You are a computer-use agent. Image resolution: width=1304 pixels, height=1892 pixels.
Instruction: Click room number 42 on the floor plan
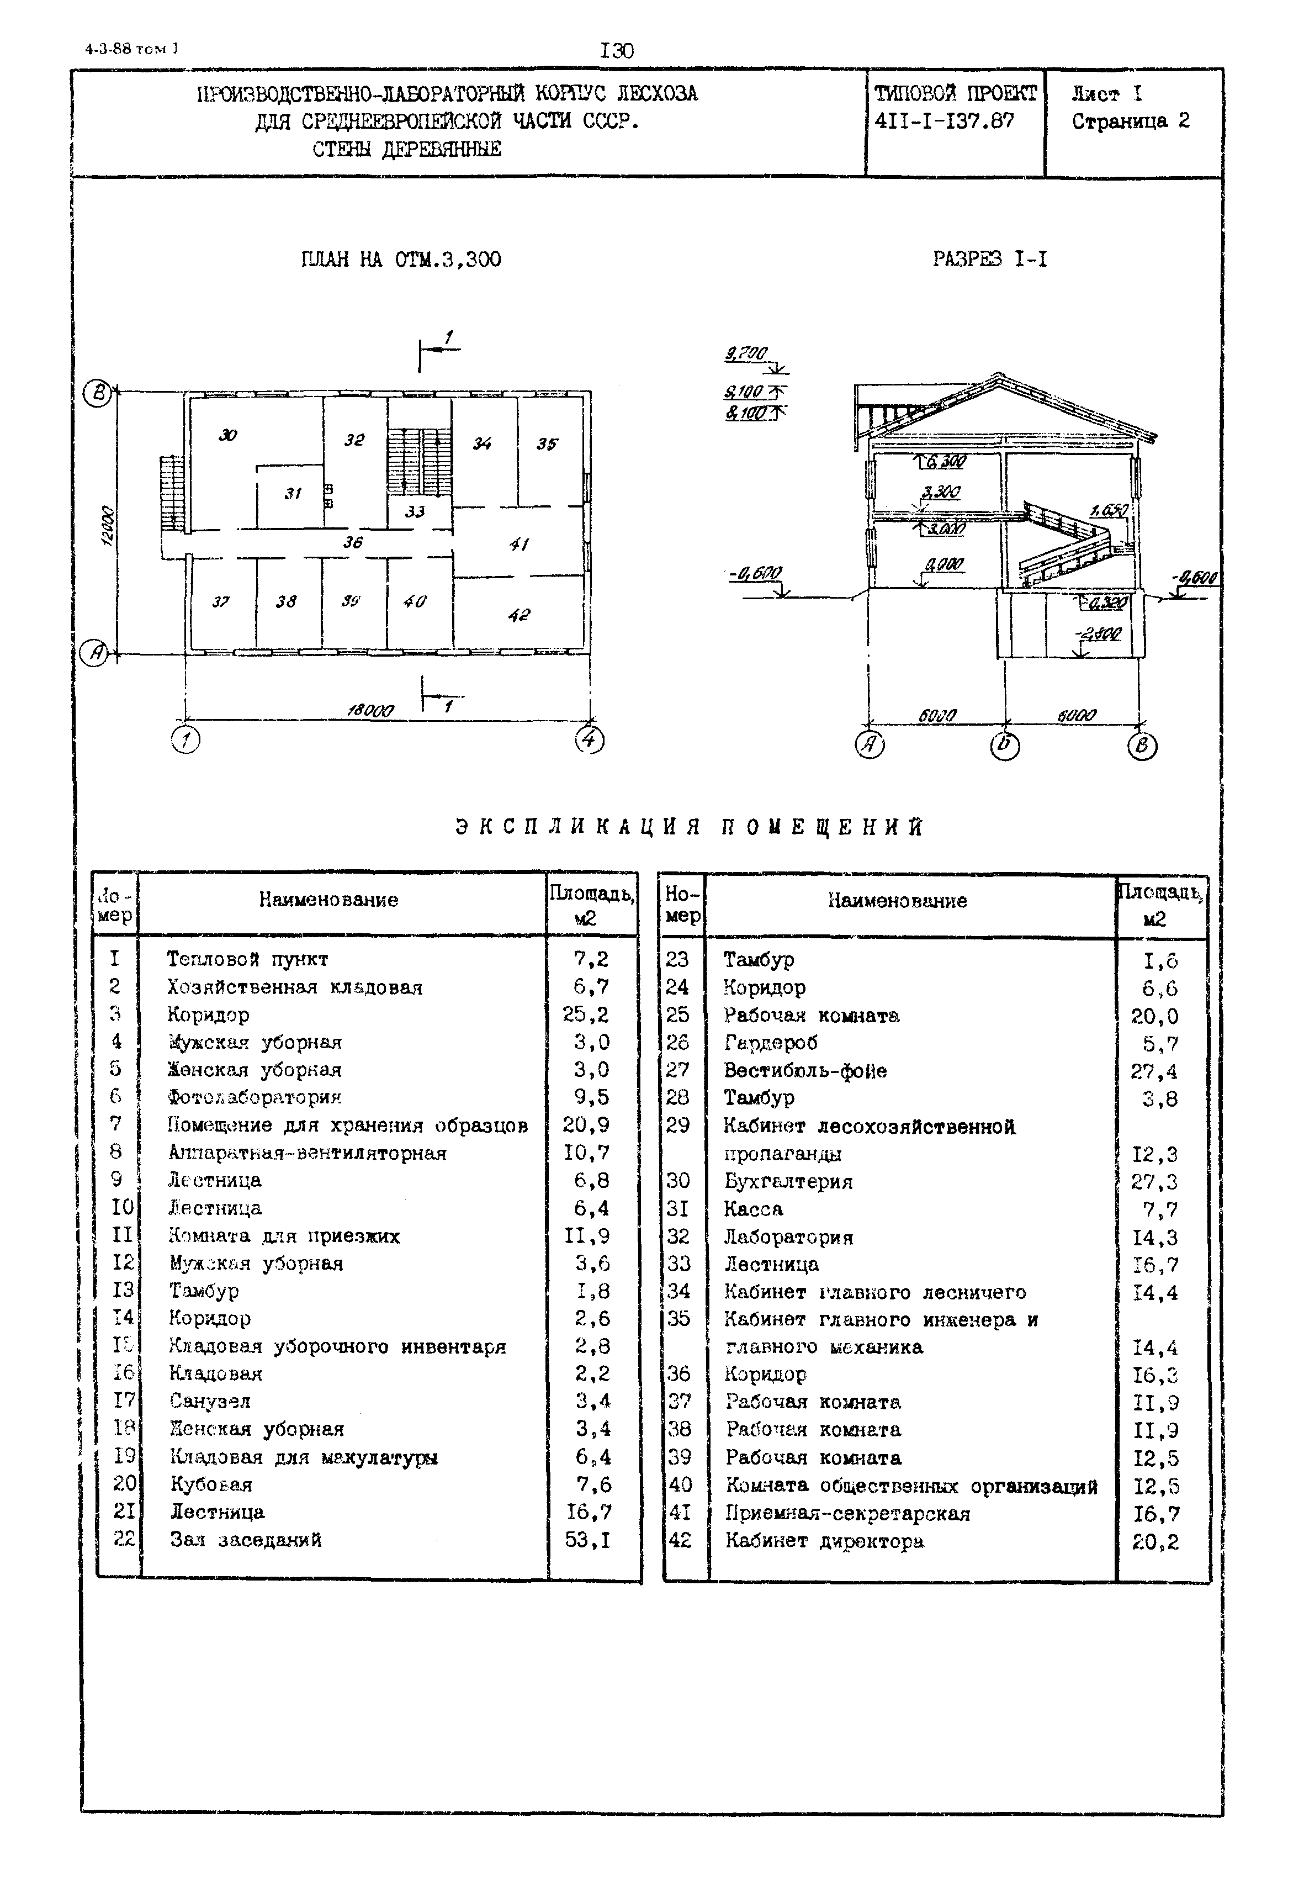point(519,615)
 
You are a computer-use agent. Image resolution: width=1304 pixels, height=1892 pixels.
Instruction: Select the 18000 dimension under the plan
point(370,711)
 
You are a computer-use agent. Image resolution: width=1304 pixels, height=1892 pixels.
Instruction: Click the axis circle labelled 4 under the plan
point(589,741)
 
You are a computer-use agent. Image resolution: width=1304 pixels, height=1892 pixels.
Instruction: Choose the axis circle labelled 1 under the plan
point(185,741)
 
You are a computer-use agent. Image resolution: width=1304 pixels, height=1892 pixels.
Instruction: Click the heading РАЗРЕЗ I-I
point(989,260)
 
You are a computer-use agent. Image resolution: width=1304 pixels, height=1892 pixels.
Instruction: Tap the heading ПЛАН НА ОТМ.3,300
point(401,260)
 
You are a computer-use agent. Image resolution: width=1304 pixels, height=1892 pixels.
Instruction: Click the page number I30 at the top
point(617,51)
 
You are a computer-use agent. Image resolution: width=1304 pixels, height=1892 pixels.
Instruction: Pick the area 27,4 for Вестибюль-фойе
point(1154,1071)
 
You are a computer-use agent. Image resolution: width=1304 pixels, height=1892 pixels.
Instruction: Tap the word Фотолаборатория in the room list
point(254,1098)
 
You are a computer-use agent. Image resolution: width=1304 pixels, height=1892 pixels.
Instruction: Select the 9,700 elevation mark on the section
point(745,353)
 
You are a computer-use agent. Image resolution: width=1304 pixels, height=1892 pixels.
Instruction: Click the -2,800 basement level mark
point(1099,634)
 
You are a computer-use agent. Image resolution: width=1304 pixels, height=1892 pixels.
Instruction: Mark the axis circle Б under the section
point(1004,746)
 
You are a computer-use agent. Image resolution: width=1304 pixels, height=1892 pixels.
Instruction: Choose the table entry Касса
point(752,1209)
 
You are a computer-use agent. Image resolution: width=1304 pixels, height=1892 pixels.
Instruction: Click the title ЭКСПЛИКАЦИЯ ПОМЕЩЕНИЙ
point(689,827)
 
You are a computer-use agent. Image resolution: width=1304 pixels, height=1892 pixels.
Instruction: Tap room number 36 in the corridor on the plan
point(352,543)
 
